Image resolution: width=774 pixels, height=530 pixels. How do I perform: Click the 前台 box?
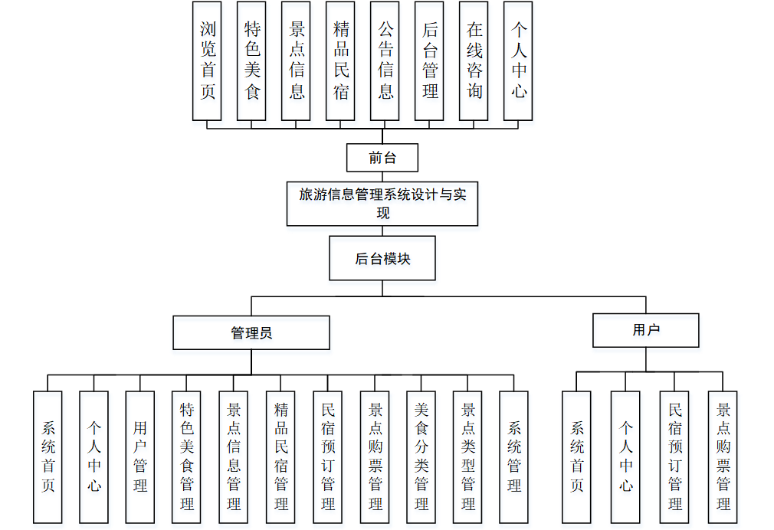(382, 158)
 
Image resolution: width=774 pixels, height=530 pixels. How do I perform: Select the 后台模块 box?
(382, 258)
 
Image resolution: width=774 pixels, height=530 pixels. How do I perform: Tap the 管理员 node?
(251, 332)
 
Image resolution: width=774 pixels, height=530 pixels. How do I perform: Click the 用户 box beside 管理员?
(646, 330)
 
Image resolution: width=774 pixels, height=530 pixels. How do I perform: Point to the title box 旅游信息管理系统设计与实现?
(382, 203)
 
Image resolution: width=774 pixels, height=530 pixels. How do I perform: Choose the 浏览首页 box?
(207, 61)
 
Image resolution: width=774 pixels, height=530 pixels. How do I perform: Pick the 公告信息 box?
(385, 61)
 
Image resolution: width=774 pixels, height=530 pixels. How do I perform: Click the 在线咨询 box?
(474, 61)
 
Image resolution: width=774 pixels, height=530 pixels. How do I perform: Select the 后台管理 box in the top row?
(429, 61)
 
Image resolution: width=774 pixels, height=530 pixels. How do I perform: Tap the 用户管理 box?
(140, 456)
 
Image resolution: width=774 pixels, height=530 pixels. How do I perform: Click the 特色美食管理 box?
(187, 456)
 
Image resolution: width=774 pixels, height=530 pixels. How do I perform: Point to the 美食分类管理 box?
(421, 456)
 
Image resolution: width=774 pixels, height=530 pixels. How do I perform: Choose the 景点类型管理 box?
(467, 456)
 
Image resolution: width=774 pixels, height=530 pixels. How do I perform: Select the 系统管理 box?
(513, 456)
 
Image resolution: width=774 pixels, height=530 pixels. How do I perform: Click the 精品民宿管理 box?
(280, 456)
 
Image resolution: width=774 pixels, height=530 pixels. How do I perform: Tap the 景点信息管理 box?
(234, 456)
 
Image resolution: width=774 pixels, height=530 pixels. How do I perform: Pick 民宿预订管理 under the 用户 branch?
(674, 456)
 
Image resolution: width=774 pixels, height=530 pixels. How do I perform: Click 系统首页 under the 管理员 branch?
(48, 456)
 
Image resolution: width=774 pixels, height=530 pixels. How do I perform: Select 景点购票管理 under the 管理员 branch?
(375, 456)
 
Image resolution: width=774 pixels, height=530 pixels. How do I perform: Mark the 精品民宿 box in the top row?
(340, 61)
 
